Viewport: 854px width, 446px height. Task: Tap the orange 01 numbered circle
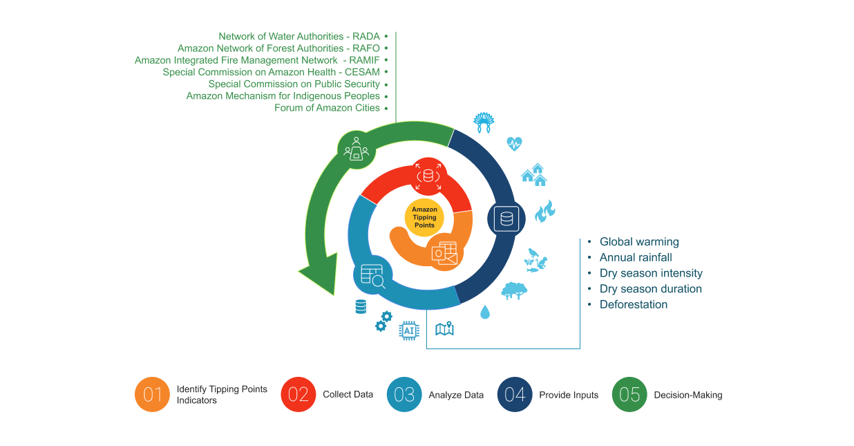pyautogui.click(x=152, y=395)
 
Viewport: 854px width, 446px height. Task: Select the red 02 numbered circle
pyautogui.click(x=298, y=395)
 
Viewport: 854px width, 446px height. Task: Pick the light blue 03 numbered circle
pyautogui.click(x=404, y=395)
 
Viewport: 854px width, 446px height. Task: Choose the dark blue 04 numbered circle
pyautogui.click(x=515, y=395)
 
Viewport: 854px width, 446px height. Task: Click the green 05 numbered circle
pyautogui.click(x=629, y=395)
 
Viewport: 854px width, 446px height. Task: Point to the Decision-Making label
pyautogui.click(x=687, y=395)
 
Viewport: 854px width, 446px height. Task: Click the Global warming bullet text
pyautogui.click(x=639, y=242)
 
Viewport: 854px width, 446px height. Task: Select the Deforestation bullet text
pyautogui.click(x=634, y=304)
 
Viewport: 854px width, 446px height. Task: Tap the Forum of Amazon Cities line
pyautogui.click(x=327, y=108)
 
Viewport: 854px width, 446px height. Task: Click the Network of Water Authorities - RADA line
pyautogui.click(x=299, y=36)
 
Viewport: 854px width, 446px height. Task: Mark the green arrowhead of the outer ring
pyautogui.click(x=317, y=277)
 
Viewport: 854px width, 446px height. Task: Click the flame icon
pyautogui.click(x=545, y=211)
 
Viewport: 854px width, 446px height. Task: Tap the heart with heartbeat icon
pyautogui.click(x=514, y=144)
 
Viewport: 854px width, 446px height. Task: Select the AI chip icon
pyautogui.click(x=409, y=331)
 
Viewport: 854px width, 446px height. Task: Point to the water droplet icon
pyautogui.click(x=485, y=313)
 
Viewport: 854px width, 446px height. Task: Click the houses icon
pyautogui.click(x=534, y=175)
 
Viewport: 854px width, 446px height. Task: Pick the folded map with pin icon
pyautogui.click(x=444, y=328)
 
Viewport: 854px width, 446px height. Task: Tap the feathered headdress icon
pyautogui.click(x=484, y=122)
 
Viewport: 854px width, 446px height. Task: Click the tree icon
pyautogui.click(x=513, y=290)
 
